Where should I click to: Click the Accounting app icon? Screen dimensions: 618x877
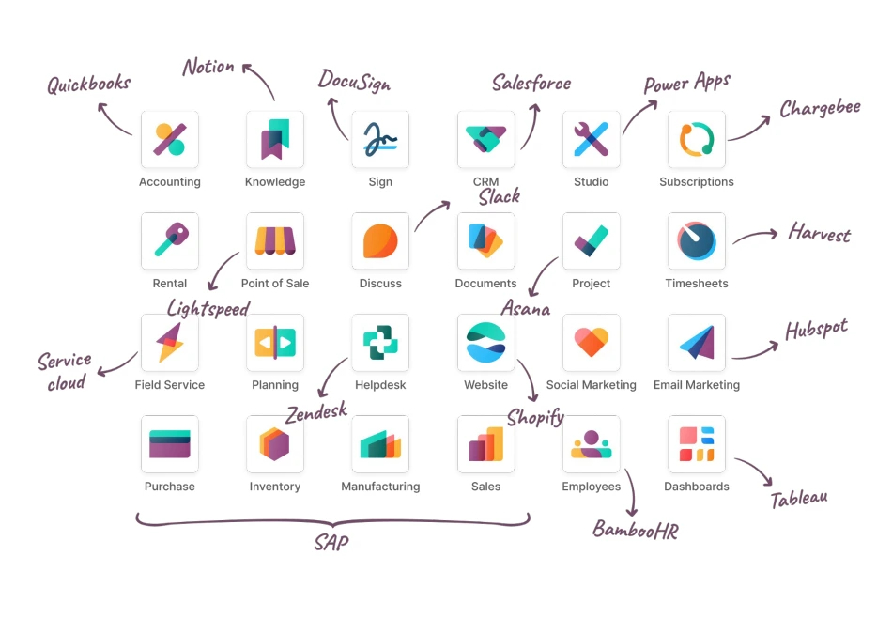click(x=170, y=140)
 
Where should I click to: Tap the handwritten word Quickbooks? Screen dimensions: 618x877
click(x=89, y=85)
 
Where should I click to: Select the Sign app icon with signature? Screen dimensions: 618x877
click(x=380, y=140)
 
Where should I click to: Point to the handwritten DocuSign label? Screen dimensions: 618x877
click(x=353, y=81)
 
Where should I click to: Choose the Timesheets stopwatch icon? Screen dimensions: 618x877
click(x=697, y=241)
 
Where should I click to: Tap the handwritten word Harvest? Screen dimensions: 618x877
click(x=820, y=233)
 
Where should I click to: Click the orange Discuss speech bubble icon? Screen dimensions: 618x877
click(x=380, y=241)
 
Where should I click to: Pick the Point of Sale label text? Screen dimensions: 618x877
click(x=275, y=284)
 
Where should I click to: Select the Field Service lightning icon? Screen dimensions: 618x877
click(x=170, y=343)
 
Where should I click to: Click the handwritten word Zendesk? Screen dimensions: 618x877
click(x=316, y=410)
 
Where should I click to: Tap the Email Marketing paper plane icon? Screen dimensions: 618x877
click(x=697, y=343)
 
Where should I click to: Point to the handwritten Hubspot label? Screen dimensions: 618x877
click(x=816, y=331)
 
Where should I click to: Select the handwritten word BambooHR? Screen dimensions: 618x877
click(x=635, y=530)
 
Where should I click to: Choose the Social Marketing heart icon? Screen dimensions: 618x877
click(x=592, y=343)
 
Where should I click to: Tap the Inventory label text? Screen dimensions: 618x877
click(x=275, y=487)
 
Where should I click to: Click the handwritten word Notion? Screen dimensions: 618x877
click(x=208, y=67)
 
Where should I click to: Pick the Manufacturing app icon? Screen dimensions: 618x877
click(x=380, y=444)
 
